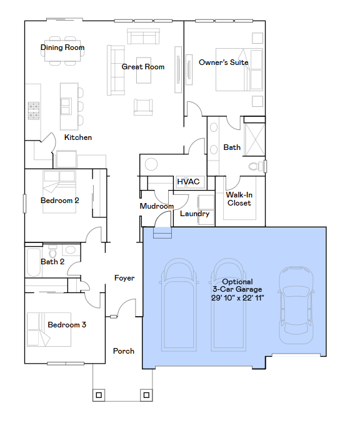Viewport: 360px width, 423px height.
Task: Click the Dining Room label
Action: [62, 47]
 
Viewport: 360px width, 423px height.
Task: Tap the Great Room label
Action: [143, 67]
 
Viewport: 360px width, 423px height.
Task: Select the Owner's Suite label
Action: [223, 62]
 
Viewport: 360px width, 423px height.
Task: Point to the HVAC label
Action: [188, 182]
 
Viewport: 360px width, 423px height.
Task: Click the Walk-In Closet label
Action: [239, 199]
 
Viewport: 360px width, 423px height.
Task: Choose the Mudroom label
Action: [156, 206]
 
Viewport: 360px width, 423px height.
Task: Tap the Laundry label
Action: [194, 214]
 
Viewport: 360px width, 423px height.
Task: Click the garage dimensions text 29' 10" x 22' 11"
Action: [237, 298]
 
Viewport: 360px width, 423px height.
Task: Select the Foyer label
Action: [124, 278]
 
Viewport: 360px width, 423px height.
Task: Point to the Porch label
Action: [124, 351]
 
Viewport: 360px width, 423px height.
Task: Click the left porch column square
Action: [99, 395]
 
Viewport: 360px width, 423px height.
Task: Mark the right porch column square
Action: [146, 395]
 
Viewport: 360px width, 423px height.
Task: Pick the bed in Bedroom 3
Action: [48, 329]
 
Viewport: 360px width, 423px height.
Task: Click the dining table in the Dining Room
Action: [64, 54]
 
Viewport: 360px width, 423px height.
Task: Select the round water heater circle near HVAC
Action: [152, 165]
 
